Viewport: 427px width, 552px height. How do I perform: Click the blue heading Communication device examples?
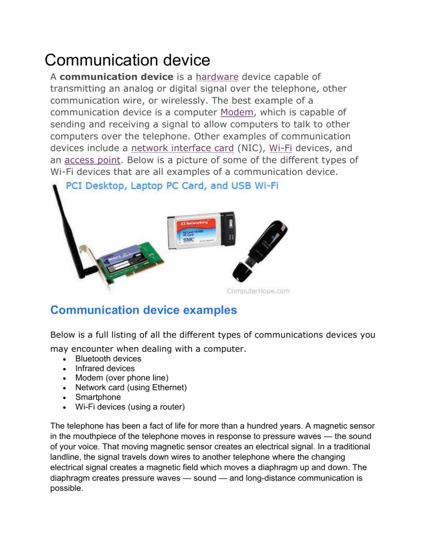click(143, 310)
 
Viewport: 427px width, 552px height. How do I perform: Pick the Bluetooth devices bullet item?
click(108, 359)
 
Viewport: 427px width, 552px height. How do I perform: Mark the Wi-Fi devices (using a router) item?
click(130, 406)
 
